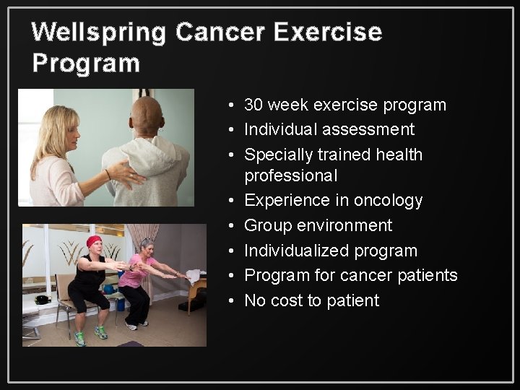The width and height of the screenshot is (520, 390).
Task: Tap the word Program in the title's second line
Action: tap(86, 64)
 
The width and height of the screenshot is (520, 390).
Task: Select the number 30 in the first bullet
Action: tap(253, 105)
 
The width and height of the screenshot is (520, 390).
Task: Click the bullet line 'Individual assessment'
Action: tap(329, 130)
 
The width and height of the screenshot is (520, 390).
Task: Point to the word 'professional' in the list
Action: tap(290, 175)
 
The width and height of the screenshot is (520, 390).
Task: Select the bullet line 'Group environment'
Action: tap(318, 225)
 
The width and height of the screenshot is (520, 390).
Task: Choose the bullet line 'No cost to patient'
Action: tap(311, 300)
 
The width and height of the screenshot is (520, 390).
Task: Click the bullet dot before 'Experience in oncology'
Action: tap(227, 201)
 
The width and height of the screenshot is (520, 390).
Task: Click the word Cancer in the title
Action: tap(222, 33)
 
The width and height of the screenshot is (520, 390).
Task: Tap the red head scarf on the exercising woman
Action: tap(94, 241)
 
